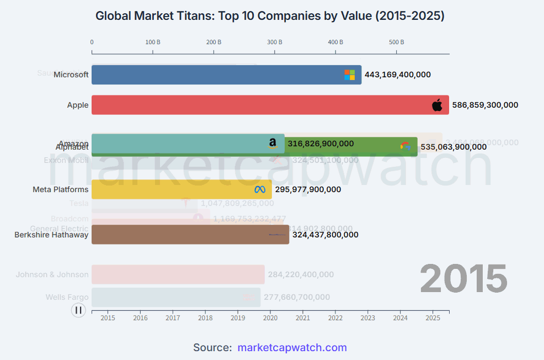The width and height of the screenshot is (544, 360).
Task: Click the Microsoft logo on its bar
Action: coord(350,75)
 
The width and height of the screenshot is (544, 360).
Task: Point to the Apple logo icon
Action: coord(437,105)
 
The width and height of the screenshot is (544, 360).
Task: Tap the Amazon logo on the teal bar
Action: coord(273,144)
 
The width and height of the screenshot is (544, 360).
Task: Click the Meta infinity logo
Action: coord(260,189)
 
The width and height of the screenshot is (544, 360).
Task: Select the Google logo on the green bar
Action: coord(406,146)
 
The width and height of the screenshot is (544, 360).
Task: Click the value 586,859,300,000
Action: coord(485,105)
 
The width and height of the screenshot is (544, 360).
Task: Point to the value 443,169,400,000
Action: coord(398,75)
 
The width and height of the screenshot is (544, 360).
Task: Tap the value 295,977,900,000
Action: coord(308,189)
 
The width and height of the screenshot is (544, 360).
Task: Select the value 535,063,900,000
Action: coord(454,147)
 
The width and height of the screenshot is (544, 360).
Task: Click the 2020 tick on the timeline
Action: coord(270,317)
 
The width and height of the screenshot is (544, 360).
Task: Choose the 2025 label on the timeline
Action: coord(433,317)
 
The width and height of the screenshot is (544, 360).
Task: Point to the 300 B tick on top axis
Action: coord(274,42)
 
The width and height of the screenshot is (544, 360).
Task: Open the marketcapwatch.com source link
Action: coord(292,347)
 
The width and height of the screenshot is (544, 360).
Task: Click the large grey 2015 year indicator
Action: coord(463,279)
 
